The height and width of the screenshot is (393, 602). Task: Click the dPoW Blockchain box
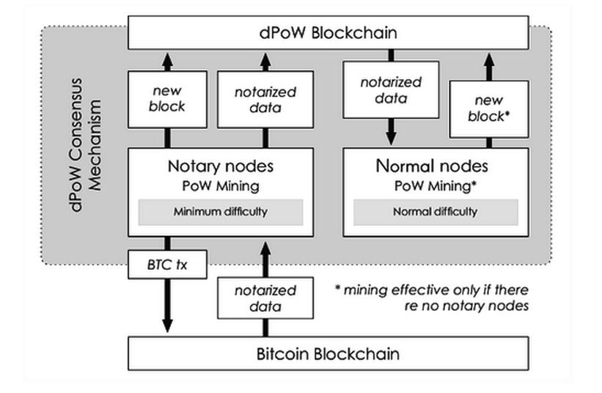(x=327, y=33)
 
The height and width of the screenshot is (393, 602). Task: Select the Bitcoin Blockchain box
(x=328, y=354)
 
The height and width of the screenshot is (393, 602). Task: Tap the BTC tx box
(x=167, y=265)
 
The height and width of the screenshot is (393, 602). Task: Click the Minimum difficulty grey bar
(x=220, y=212)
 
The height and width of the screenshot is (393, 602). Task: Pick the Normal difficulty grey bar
(x=435, y=212)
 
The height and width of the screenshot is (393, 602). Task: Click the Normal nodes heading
(x=431, y=166)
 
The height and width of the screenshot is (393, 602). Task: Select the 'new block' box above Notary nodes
(x=169, y=99)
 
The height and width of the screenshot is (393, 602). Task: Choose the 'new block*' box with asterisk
(x=487, y=109)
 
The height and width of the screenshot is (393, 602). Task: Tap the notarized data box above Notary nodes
(x=265, y=99)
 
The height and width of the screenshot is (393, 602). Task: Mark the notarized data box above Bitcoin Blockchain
(x=265, y=298)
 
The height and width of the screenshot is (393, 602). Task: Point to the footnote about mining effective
(x=431, y=298)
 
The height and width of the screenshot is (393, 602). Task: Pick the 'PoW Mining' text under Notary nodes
(x=221, y=186)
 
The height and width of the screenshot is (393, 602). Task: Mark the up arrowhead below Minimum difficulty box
(x=265, y=248)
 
